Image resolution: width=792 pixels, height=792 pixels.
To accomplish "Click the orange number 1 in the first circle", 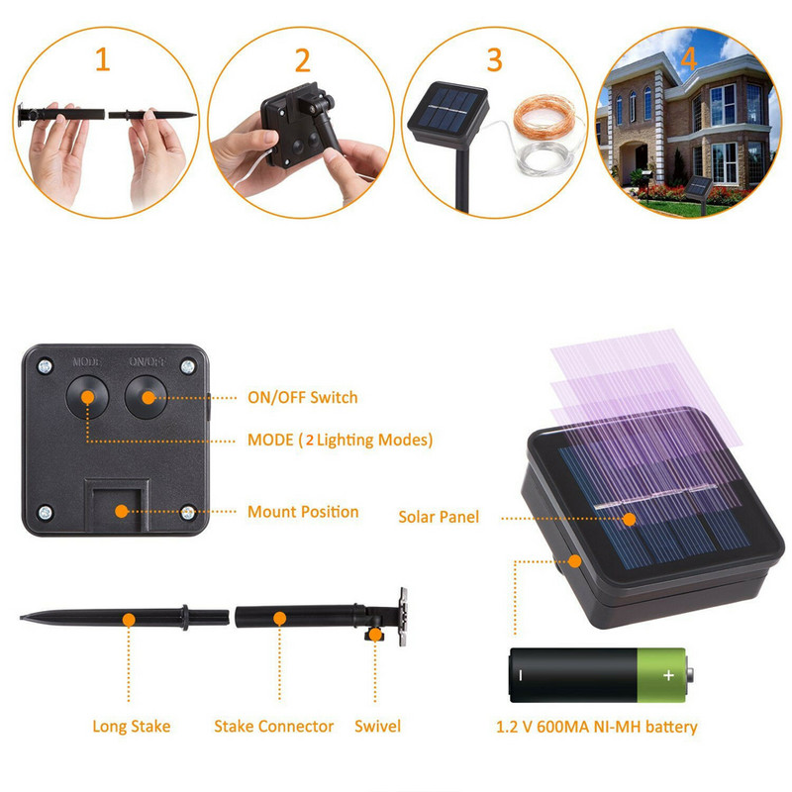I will point(102,60).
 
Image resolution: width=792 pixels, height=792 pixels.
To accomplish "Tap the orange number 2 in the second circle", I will point(303,60).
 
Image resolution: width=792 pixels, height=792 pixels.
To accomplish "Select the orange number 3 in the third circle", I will point(494,59).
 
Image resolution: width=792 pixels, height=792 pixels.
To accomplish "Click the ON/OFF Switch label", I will point(301,398).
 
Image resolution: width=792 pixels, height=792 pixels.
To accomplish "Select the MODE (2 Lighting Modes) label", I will point(339,440).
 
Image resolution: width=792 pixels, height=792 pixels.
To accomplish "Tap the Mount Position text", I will point(302,512).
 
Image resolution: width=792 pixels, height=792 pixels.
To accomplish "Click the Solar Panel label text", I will point(439,517).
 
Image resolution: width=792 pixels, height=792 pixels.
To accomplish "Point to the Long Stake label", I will point(132,727).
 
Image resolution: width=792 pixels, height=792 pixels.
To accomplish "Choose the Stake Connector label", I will point(273,727).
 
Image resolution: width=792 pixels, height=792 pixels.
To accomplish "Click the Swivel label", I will point(377,727).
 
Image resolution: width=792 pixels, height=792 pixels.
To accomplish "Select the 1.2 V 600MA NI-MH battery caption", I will point(596,727).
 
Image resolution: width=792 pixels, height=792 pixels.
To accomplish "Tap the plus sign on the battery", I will point(668,675).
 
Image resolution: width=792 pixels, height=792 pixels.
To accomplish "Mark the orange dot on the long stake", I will point(128,619).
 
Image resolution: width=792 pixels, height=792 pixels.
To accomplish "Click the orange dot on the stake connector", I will point(280,618).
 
